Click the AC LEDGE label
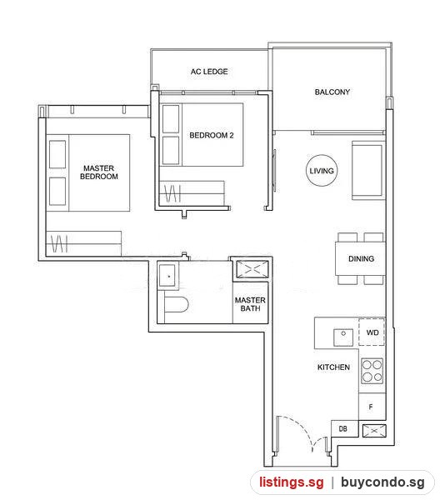(209, 72)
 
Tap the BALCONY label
(332, 92)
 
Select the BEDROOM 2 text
(212, 135)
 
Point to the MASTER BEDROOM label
(99, 172)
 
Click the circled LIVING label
(322, 171)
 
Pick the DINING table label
(361, 258)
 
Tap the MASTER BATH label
(250, 304)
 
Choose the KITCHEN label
(333, 367)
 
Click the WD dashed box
(372, 332)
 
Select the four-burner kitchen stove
(372, 371)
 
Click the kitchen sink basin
(343, 337)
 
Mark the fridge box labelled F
(372, 407)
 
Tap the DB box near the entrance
(344, 429)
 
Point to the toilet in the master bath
(176, 304)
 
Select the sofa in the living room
(368, 171)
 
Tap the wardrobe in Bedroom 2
(192, 193)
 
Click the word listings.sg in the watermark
(291, 482)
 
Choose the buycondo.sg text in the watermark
(382, 482)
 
